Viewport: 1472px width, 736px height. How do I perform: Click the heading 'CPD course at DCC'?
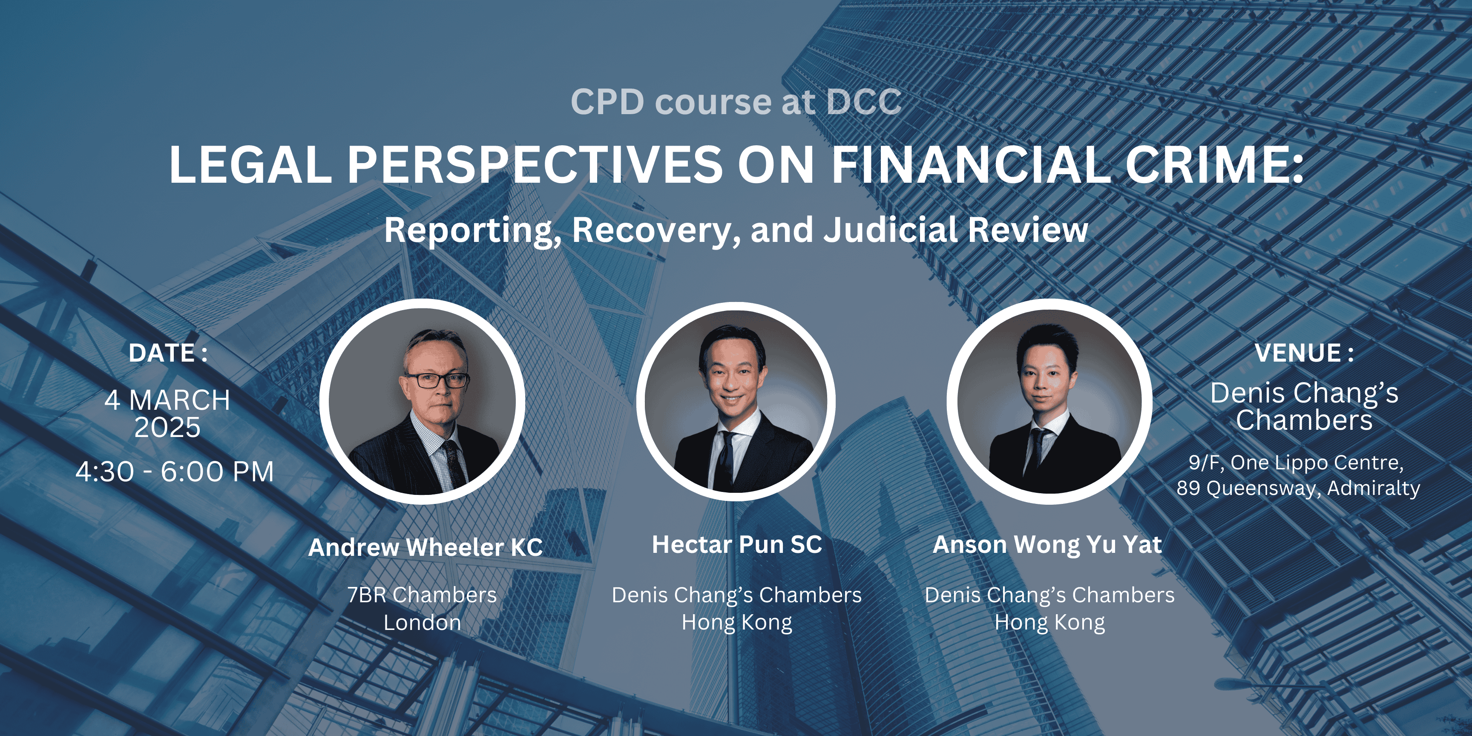click(x=736, y=102)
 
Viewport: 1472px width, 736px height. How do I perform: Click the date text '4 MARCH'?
click(x=167, y=400)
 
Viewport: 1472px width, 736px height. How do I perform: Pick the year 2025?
click(x=167, y=428)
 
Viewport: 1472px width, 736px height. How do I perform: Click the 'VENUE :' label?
click(x=1304, y=353)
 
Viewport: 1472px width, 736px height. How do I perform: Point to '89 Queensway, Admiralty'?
click(x=1298, y=489)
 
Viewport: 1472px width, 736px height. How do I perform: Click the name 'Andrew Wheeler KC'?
click(x=425, y=547)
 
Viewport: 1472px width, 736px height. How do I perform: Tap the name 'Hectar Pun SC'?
click(x=737, y=545)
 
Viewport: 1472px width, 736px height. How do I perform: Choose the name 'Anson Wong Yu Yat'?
click(x=1047, y=545)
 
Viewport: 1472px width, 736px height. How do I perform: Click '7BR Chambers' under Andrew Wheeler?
click(x=422, y=595)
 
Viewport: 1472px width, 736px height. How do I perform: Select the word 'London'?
click(x=422, y=622)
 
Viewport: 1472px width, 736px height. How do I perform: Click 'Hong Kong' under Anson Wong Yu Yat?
click(x=1050, y=623)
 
